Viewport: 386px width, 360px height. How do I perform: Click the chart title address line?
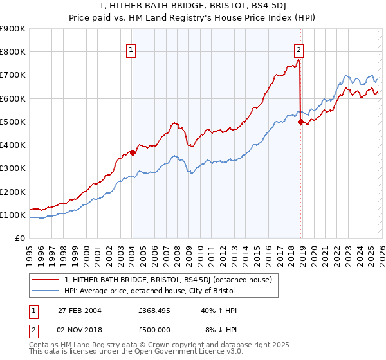[193, 6]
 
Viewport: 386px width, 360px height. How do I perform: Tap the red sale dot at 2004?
[133, 152]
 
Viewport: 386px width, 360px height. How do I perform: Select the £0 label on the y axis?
[19, 238]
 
